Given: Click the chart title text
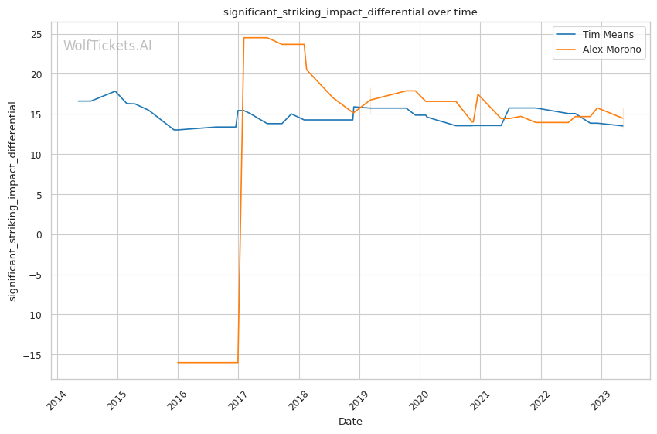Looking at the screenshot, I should [x=350, y=12].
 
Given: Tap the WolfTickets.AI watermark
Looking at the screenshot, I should [x=107, y=46].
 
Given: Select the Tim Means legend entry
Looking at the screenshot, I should [x=604, y=36].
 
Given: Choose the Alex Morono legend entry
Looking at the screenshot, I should [x=608, y=50].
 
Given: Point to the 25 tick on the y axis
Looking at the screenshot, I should [x=36, y=34].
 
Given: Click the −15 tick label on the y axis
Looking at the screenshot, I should [x=33, y=355].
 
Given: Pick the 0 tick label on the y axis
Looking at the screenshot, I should [x=39, y=234].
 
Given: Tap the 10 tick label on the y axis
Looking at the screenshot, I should [x=36, y=155].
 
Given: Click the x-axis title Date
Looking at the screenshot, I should [x=350, y=422].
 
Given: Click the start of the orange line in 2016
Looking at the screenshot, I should [x=178, y=362].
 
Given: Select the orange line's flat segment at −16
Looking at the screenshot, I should [x=208, y=362].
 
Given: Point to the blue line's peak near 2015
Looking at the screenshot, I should [x=115, y=91].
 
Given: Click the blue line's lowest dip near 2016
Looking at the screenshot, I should [x=175, y=130].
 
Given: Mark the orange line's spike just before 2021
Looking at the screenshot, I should [x=478, y=94].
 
